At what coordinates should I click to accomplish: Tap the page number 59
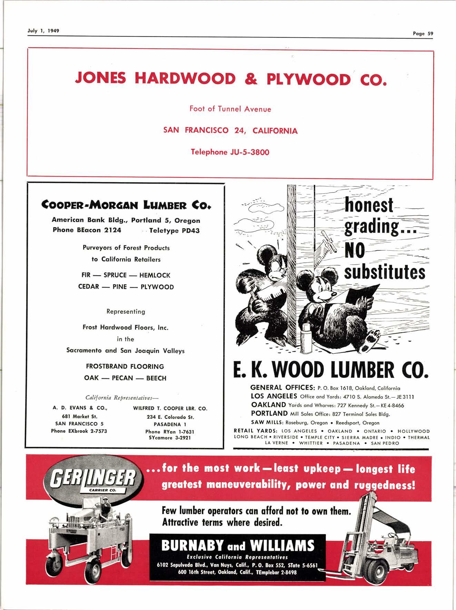coord(430,33)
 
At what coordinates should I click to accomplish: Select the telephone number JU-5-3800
coord(247,152)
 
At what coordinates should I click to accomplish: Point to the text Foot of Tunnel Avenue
coord(230,109)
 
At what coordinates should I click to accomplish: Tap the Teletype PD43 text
coord(174,231)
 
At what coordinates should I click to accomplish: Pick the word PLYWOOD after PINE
coord(157,287)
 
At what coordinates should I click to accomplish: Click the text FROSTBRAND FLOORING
coord(125,367)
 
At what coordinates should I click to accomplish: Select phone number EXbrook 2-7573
coord(79,431)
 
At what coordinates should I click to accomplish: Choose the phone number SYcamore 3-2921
coord(170,438)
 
